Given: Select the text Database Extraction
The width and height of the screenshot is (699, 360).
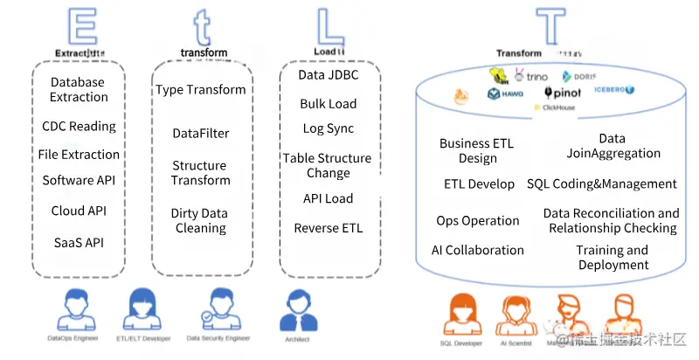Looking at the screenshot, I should [x=79, y=89].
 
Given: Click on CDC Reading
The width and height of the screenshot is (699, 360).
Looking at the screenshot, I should [x=79, y=126].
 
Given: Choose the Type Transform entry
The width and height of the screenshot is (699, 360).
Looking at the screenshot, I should [x=201, y=89].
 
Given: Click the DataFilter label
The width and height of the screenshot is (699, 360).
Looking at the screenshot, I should [x=201, y=133].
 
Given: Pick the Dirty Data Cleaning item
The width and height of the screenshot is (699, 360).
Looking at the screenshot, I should [x=199, y=220].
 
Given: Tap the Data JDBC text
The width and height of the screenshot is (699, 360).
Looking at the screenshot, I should [x=329, y=75].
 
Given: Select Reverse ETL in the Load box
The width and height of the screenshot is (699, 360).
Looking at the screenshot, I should [x=329, y=228].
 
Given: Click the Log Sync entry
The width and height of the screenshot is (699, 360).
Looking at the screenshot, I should [x=329, y=128].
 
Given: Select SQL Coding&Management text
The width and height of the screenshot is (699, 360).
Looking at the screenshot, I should [x=602, y=183].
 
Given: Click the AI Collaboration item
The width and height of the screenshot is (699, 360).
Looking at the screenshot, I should [x=478, y=250].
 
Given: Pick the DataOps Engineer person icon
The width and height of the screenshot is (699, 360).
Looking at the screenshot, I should [x=73, y=311].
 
